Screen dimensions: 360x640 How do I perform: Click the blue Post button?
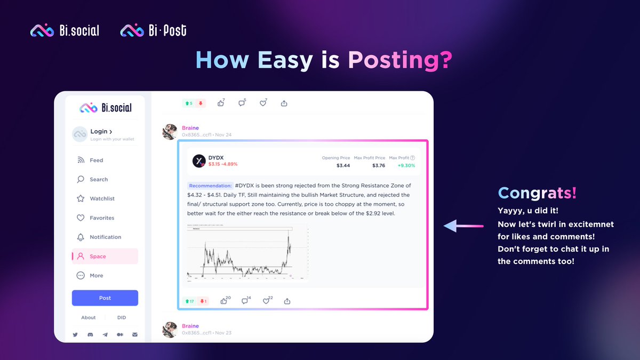point(105,298)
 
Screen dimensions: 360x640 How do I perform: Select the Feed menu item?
point(96,160)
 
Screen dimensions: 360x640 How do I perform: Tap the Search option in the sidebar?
point(99,179)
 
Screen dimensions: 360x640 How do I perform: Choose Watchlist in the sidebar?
point(102,198)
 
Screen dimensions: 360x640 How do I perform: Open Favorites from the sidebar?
point(102,218)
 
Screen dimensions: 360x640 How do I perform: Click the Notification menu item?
point(105,237)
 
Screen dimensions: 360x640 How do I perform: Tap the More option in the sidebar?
point(96,275)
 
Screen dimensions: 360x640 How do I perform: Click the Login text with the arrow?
point(101,131)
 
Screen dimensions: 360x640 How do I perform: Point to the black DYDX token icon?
point(199,161)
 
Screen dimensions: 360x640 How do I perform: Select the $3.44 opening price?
point(343,165)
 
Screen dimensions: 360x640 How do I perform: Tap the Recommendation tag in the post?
point(210,186)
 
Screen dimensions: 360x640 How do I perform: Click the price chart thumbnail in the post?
point(247,252)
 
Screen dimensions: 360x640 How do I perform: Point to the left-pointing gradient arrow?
point(463,226)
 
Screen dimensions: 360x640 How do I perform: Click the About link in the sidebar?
point(89,317)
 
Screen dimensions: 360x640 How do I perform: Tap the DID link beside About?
point(122,317)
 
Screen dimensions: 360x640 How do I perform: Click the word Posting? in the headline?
point(400,60)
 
